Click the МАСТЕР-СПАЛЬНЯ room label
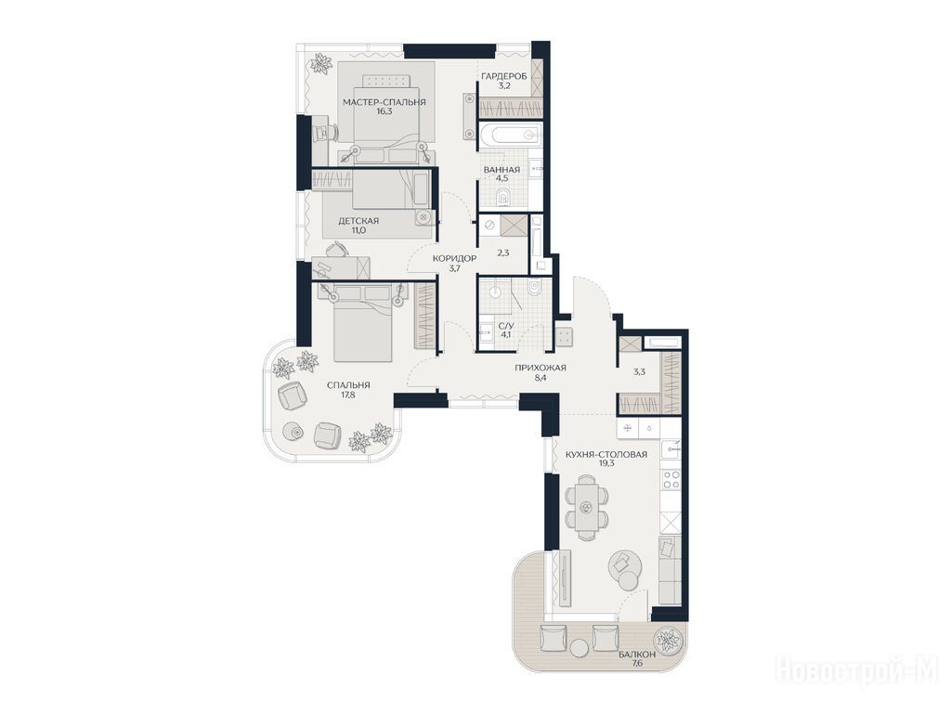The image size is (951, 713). pyautogui.click(x=384, y=102)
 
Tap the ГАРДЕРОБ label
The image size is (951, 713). pyautogui.click(x=504, y=76)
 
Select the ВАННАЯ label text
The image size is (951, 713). pyautogui.click(x=502, y=170)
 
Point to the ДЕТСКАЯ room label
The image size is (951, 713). pyautogui.click(x=358, y=221)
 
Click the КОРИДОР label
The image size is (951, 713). pyautogui.click(x=454, y=258)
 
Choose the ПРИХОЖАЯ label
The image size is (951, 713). pyautogui.click(x=541, y=368)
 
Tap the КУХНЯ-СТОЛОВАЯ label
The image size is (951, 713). pyautogui.click(x=606, y=454)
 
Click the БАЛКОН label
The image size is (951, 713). pyautogui.click(x=637, y=655)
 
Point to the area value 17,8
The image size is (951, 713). pyautogui.click(x=347, y=395)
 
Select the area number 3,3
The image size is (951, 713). pyautogui.click(x=639, y=372)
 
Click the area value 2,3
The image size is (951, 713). pyautogui.click(x=502, y=253)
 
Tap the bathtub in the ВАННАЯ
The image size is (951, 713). pyautogui.click(x=508, y=136)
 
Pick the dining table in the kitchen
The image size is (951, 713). pyautogui.click(x=586, y=507)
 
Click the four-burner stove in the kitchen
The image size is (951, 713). pyautogui.click(x=671, y=479)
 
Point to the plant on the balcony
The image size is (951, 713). pyautogui.click(x=669, y=641)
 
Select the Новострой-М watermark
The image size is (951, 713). pyautogui.click(x=857, y=670)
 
